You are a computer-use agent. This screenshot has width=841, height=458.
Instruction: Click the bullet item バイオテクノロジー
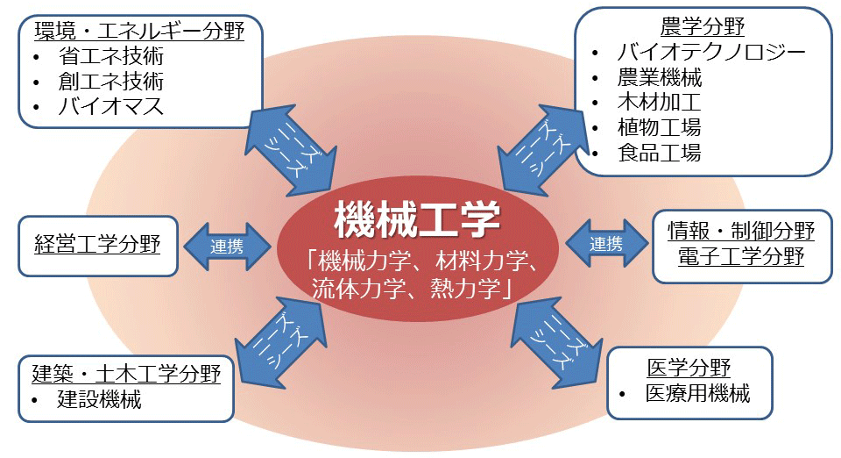(x=710, y=52)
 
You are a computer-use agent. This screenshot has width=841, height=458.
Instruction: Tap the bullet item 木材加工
(x=659, y=103)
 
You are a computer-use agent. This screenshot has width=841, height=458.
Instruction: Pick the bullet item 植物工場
(x=659, y=127)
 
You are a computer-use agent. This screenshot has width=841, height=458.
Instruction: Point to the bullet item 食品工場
(x=659, y=153)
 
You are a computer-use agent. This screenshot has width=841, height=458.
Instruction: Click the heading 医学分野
(x=689, y=368)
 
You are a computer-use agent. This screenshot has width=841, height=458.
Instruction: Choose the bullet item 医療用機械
(x=697, y=393)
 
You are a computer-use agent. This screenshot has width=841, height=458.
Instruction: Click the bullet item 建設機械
(x=99, y=401)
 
